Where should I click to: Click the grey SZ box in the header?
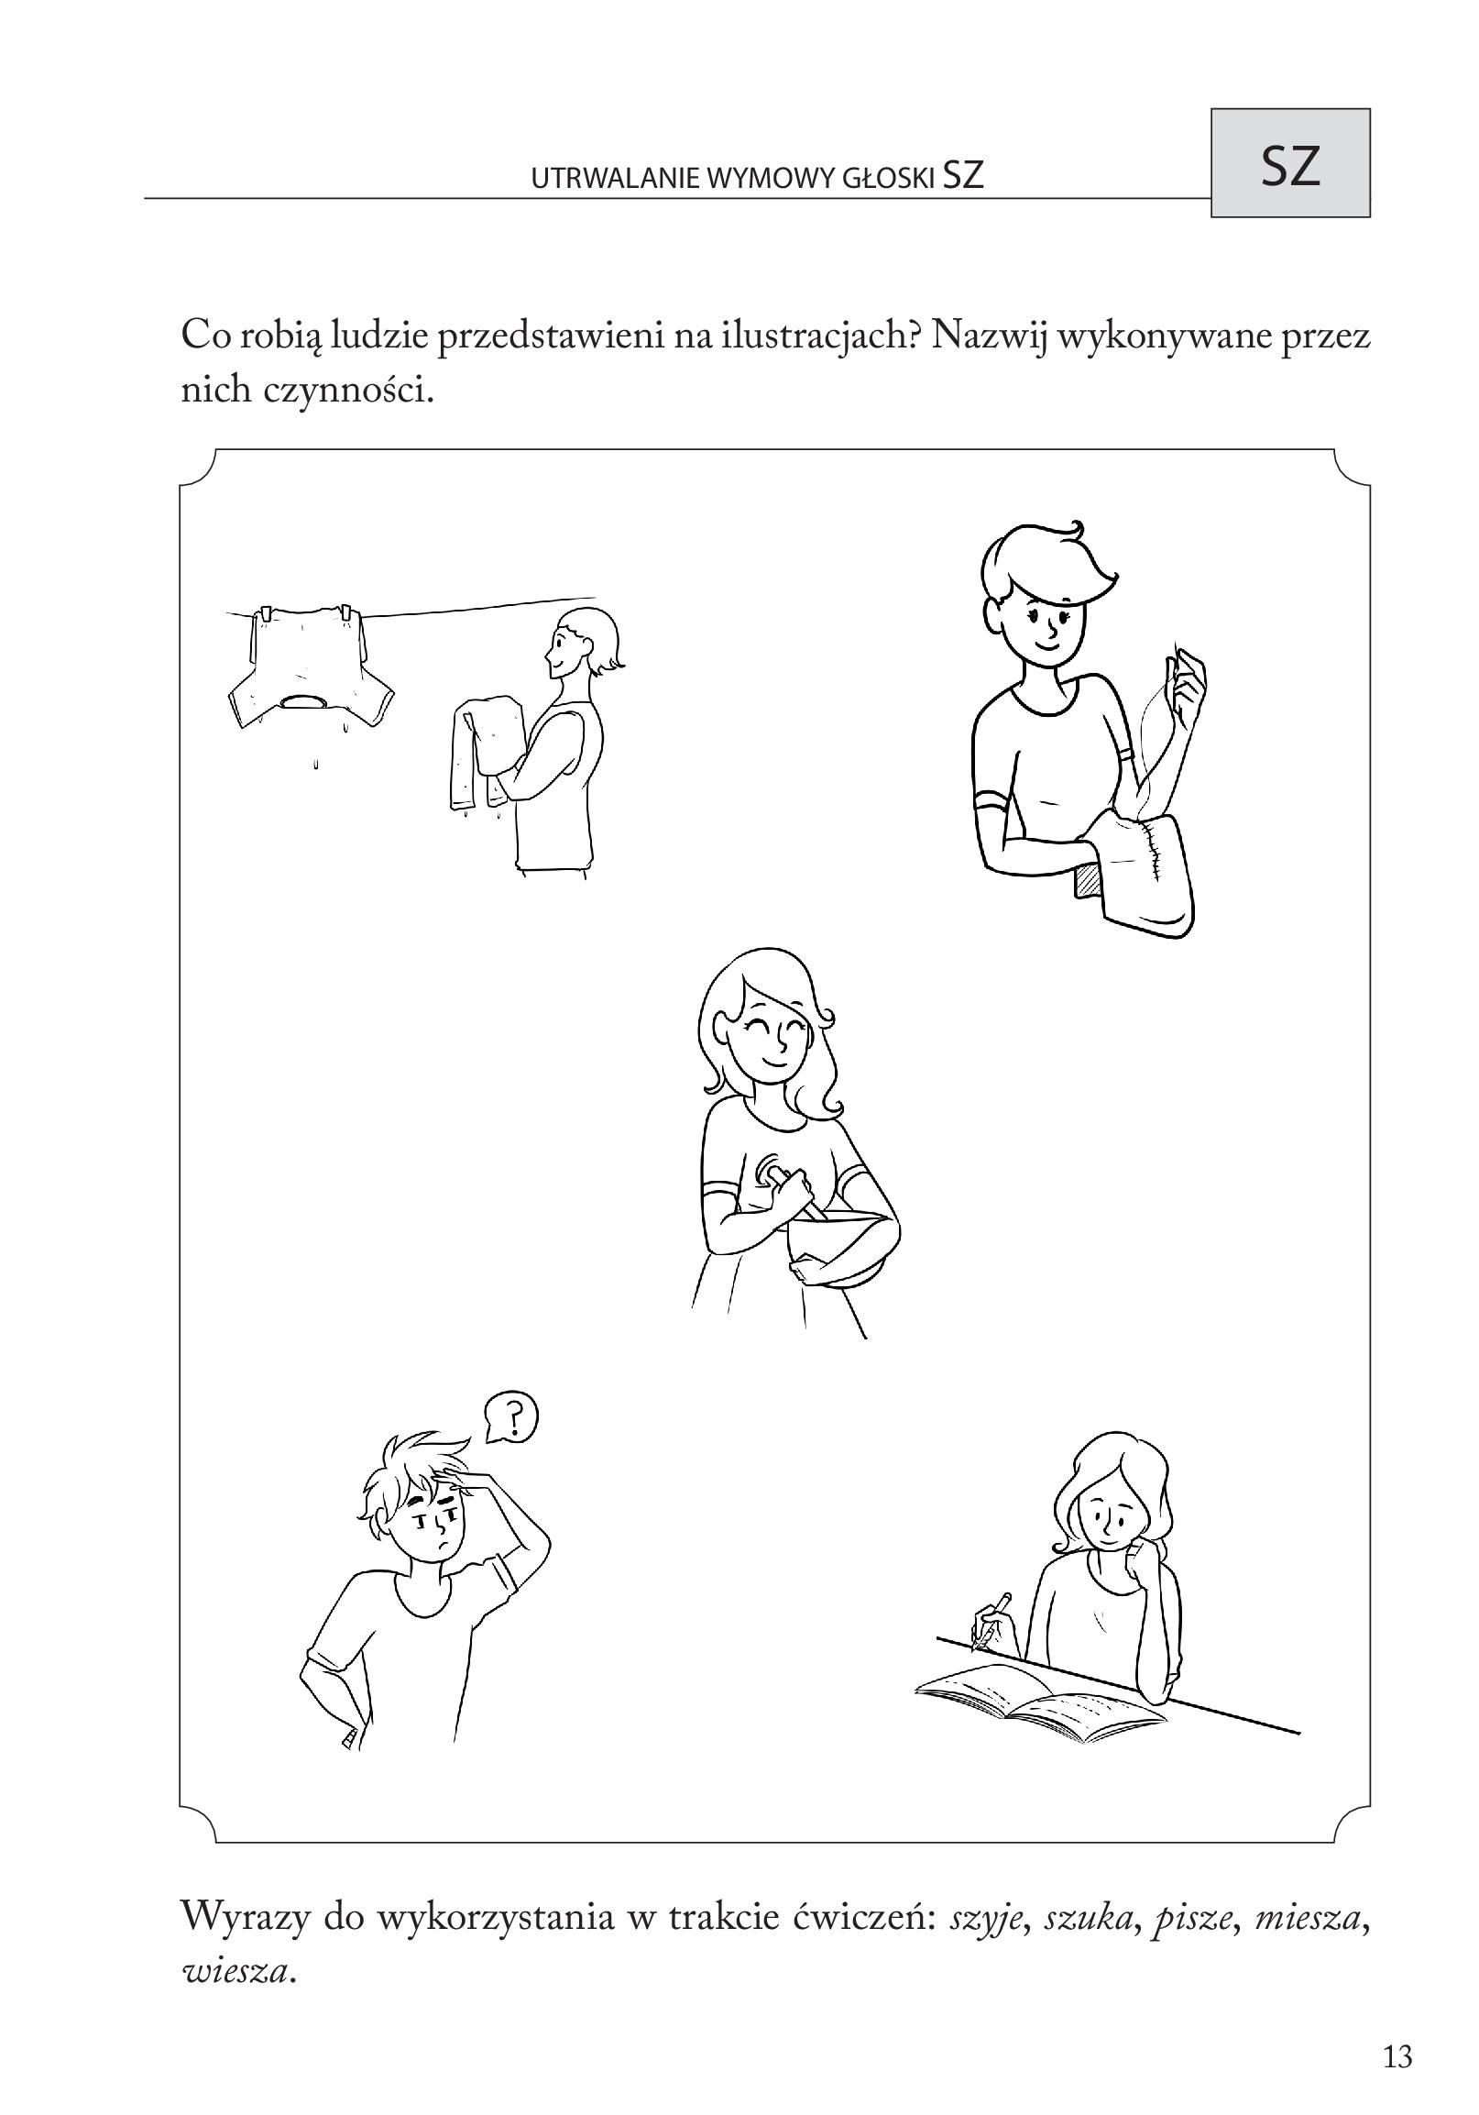coord(1289,163)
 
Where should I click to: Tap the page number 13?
coord(1397,2056)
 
